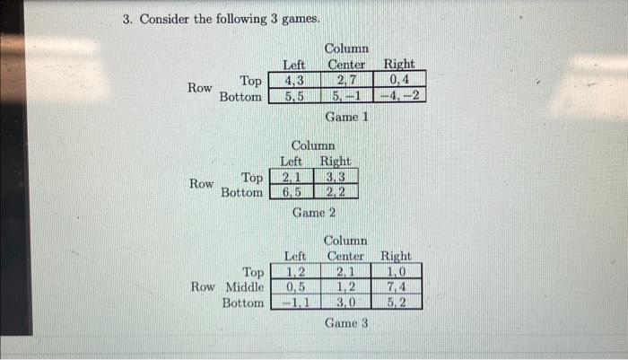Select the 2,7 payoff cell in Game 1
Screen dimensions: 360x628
[x=346, y=80]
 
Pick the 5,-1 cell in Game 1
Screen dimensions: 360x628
[x=346, y=95]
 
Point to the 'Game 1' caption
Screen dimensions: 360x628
[x=347, y=117]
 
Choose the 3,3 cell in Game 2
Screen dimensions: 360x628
[x=336, y=177]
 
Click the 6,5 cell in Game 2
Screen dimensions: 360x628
[x=292, y=192]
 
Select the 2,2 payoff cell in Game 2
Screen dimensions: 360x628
[x=336, y=192]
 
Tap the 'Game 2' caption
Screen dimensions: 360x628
[x=314, y=214]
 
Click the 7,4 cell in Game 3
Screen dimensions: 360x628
[x=396, y=287]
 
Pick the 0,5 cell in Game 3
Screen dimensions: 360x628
[x=295, y=287]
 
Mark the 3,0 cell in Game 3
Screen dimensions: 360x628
[x=345, y=303]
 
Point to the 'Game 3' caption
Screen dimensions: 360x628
[x=346, y=323]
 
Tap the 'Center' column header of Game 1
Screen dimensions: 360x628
[x=346, y=65]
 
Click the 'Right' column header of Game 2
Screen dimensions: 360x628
[x=336, y=162]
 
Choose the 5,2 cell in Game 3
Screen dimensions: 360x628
[x=396, y=303]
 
